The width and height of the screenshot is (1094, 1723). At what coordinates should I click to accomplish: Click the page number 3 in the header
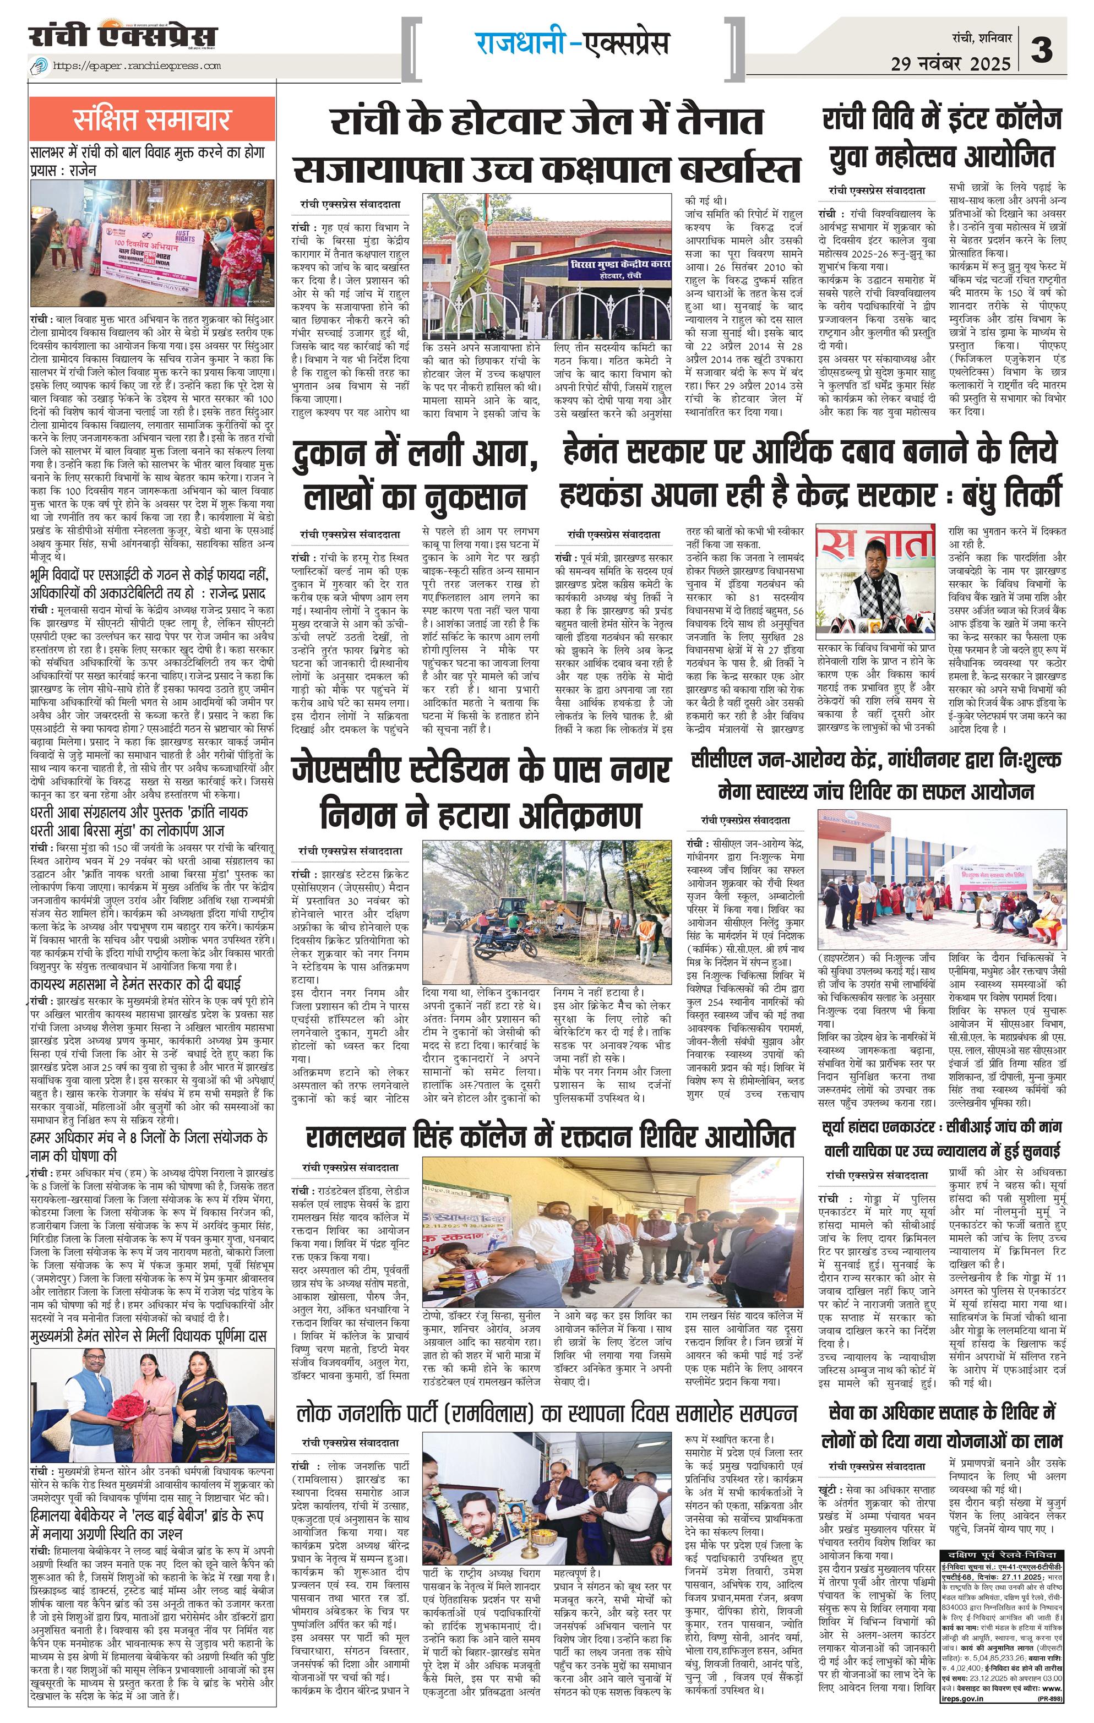coord(1044,50)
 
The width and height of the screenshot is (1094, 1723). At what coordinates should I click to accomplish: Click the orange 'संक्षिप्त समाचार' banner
coord(152,120)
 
